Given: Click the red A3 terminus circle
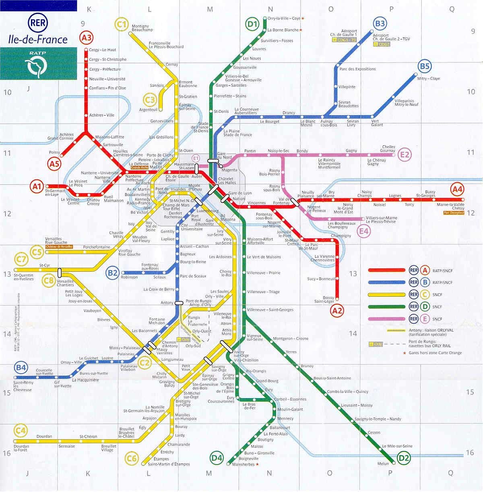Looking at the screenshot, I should tap(86, 38).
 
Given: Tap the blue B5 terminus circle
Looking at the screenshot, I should tap(425, 66).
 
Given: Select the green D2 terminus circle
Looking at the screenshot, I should tap(403, 457).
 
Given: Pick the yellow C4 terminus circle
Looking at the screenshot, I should tap(20, 431).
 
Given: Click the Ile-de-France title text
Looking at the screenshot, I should tap(38, 39).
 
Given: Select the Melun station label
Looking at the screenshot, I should tap(383, 464).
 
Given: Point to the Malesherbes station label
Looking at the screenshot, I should tap(244, 464).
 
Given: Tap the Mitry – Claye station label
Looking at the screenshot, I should tap(429, 79).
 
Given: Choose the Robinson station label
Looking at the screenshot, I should tap(129, 277).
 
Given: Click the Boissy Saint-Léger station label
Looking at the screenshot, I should tap(324, 300).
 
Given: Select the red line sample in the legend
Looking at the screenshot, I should tap(386, 271).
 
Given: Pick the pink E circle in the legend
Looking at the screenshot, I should tap(425, 319).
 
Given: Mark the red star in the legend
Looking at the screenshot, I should tap(405, 353).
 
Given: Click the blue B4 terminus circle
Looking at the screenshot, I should tap(21, 367).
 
